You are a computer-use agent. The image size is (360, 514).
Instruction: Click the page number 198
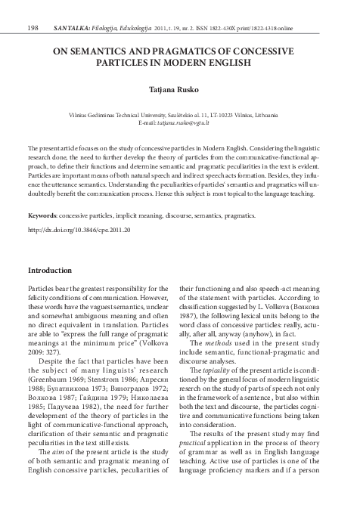pos(33,8)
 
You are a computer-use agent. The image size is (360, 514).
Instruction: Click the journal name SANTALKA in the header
pos(71,8)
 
